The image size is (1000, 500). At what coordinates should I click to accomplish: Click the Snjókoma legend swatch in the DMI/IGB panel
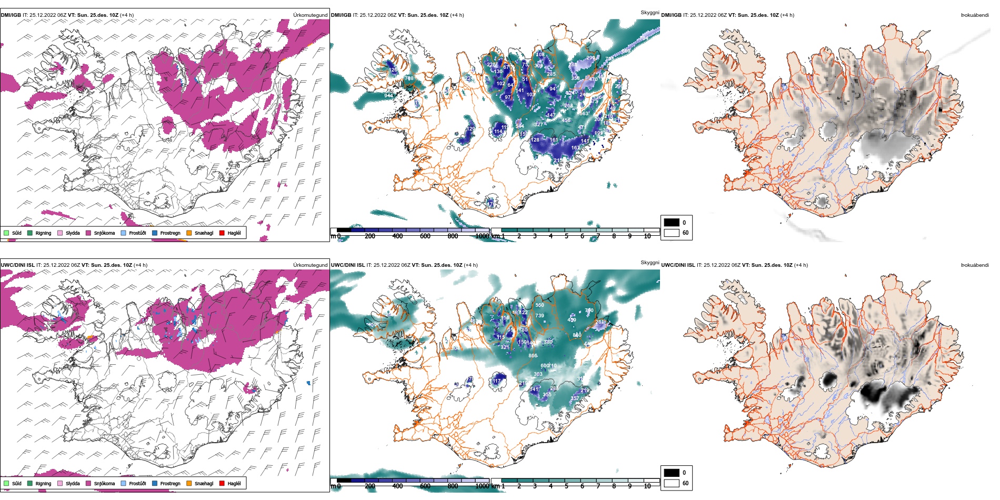(88, 233)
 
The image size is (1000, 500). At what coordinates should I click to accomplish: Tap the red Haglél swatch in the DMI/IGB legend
(222, 233)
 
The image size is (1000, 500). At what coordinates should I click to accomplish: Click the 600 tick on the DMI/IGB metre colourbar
(425, 236)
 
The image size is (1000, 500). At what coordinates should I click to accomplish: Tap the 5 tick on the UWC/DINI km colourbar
(566, 486)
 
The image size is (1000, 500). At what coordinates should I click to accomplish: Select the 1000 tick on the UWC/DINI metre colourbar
(482, 486)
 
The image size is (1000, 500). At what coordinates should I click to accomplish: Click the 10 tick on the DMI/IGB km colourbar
(647, 236)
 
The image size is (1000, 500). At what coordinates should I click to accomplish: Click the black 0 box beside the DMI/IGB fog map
(672, 222)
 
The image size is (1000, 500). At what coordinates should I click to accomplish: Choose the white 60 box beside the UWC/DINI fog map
(672, 483)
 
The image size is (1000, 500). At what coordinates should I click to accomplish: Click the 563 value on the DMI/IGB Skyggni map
(584, 114)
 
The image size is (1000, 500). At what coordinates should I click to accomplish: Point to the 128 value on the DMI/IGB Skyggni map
(535, 140)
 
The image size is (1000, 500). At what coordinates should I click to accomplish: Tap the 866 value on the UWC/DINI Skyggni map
(533, 356)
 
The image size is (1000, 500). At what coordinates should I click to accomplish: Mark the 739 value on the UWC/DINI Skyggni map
(539, 316)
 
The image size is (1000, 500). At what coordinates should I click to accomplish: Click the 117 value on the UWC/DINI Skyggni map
(497, 381)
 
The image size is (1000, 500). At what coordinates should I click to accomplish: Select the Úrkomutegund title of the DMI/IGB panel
(311, 15)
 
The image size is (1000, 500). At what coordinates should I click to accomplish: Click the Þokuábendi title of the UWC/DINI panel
(975, 265)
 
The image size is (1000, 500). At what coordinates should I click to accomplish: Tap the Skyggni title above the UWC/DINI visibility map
(650, 262)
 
